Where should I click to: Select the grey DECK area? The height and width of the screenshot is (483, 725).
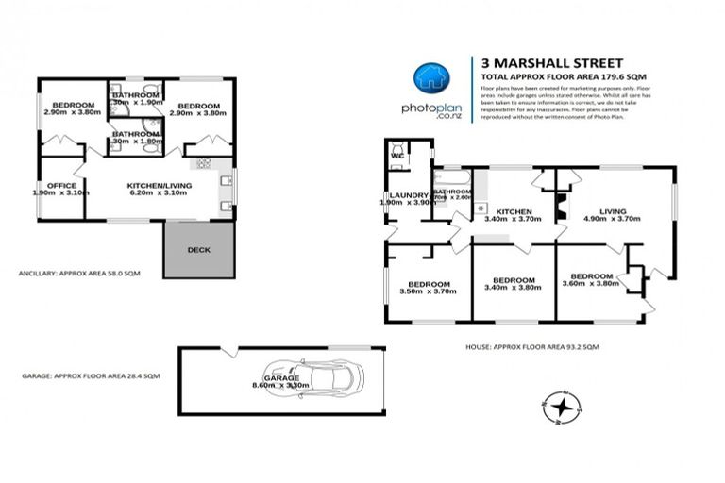pyautogui.click(x=199, y=250)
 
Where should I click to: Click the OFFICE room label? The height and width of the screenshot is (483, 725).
pyautogui.click(x=60, y=188)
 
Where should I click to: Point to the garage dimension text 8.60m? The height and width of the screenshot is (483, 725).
pyautogui.click(x=263, y=385)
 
